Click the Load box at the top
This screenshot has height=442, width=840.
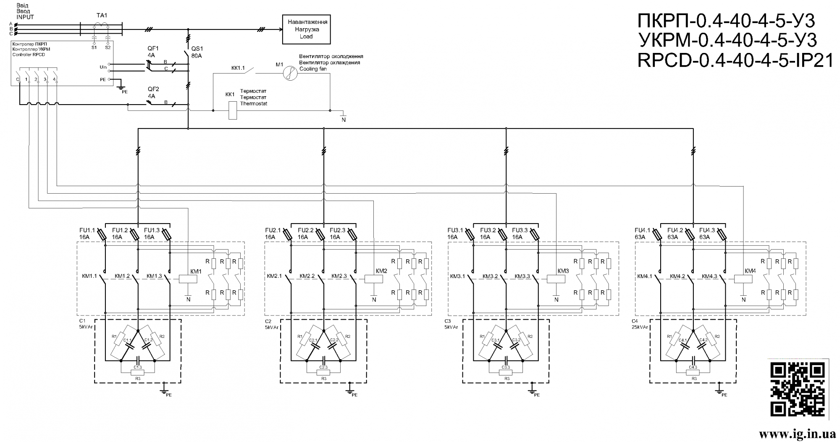306,29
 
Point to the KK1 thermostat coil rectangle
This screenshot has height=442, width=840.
232,110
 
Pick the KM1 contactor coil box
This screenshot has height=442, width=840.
188,279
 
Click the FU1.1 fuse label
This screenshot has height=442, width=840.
87,230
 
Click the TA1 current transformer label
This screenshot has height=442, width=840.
102,16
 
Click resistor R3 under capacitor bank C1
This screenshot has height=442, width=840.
138,373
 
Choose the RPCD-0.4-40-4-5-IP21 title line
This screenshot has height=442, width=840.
735,61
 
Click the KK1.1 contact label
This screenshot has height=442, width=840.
238,67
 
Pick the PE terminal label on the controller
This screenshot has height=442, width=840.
102,79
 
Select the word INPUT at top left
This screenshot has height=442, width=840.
25,17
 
